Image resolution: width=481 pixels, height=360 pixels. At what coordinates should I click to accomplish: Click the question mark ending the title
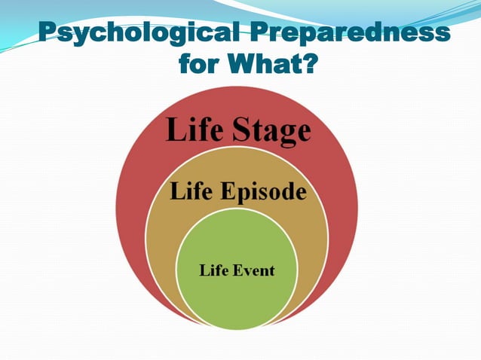pos(307,65)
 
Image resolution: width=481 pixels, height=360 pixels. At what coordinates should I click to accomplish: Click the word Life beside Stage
pos(194,131)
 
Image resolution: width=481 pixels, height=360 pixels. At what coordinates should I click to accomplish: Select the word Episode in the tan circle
pos(264,193)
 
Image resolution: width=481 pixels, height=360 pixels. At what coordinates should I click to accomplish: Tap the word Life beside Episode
pos(191,192)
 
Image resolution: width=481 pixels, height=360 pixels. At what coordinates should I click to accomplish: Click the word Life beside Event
pos(213,270)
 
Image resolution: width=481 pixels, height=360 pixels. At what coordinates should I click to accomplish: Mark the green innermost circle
pos(236,297)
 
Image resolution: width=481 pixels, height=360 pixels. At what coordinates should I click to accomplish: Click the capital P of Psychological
pos(47,34)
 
